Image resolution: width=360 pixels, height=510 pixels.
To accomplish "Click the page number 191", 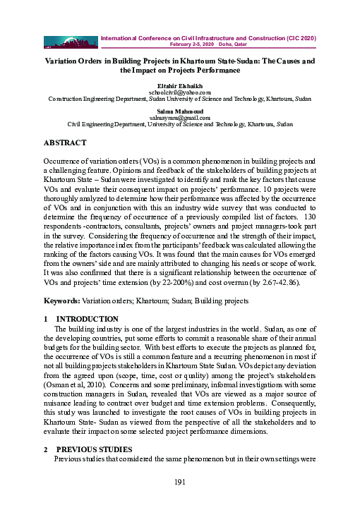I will click(180, 482).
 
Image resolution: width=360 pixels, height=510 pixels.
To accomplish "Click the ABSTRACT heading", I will click(65, 142).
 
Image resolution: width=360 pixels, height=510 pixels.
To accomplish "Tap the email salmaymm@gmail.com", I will click(180, 117).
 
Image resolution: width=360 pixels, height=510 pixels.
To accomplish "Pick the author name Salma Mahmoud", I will click(180, 110).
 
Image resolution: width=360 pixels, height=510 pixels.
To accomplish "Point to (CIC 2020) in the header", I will click(296, 36).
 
